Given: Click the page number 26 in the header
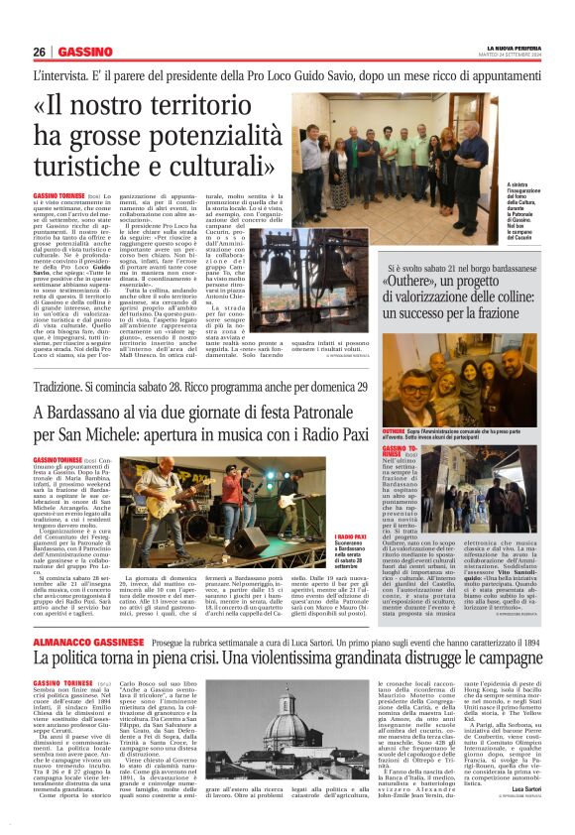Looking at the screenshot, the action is [40, 52].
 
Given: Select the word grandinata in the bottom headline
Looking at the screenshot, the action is [410, 633].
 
